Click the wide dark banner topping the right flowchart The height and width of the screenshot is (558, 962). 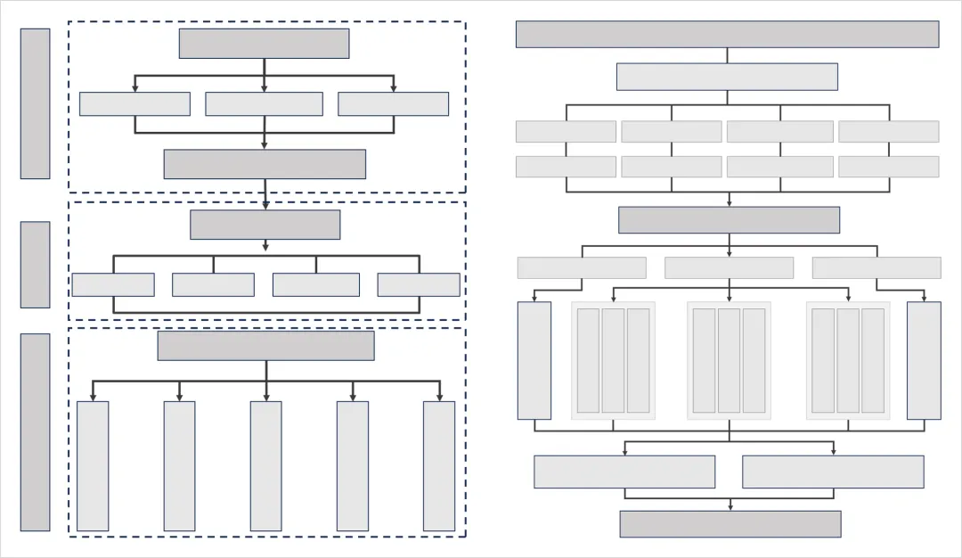coord(727,34)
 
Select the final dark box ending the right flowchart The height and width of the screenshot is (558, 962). coord(730,524)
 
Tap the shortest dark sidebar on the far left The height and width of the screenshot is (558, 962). coord(35,265)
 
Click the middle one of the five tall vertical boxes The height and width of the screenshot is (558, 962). coord(265,466)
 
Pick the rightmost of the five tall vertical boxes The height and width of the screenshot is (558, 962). coord(439,466)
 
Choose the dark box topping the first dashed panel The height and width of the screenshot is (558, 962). coord(264,43)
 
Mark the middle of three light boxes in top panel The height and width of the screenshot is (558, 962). coord(264,104)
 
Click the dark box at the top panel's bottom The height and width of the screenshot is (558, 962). coord(265,164)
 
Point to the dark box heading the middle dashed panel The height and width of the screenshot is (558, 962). coord(265,225)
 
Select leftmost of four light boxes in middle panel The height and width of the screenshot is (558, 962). coord(113,284)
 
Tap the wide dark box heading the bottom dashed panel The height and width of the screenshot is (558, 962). coord(265,346)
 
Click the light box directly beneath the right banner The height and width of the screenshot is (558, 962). coord(727,77)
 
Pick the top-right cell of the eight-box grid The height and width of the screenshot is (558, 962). coord(888,132)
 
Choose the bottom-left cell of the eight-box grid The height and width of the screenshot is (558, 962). coord(566,167)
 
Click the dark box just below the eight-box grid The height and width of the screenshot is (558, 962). coord(729,220)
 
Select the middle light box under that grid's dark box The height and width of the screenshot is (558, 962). coord(729,267)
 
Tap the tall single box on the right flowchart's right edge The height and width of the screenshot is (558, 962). coord(924,360)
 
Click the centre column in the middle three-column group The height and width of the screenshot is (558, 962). coord(729,360)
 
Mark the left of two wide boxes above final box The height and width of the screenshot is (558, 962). coord(624,472)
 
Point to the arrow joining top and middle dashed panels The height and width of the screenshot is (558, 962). coord(265,198)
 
